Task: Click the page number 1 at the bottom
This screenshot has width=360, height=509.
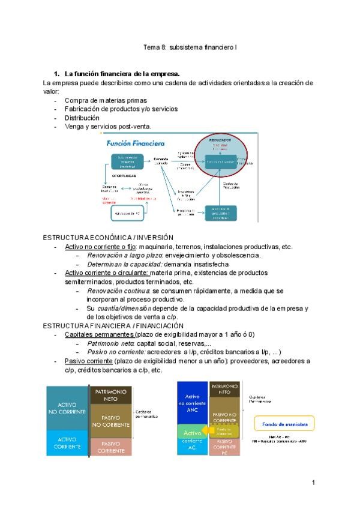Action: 313,482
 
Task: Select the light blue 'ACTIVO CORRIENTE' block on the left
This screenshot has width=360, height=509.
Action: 67,443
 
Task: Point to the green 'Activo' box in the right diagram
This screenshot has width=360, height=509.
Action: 191,432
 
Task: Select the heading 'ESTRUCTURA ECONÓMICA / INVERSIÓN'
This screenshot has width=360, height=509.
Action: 109,238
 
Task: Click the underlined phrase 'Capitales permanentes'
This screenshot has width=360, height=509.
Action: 99,334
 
